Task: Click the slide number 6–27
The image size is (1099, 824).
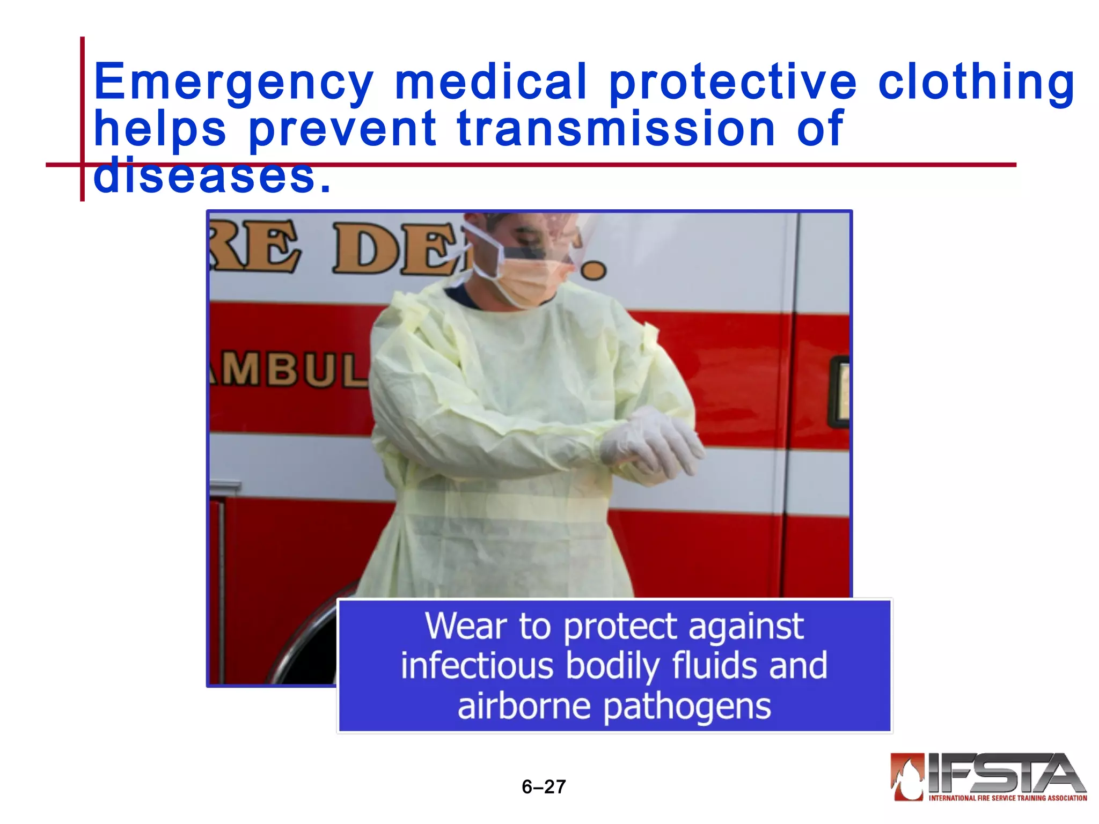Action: click(544, 786)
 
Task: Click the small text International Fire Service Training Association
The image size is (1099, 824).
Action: click(1008, 798)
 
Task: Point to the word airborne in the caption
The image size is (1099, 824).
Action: click(524, 706)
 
